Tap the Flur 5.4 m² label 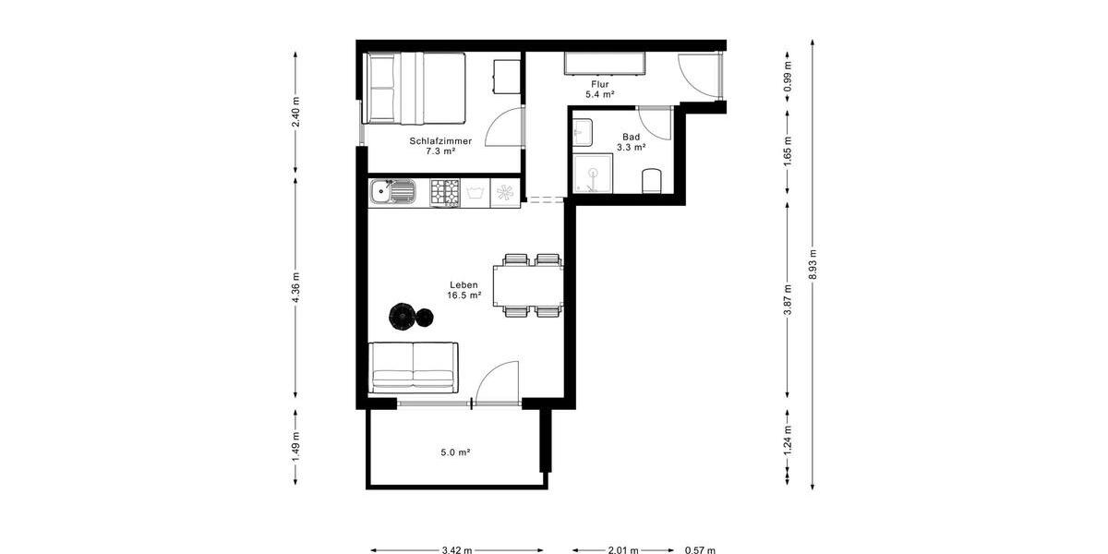pyautogui.click(x=601, y=89)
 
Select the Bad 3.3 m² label pyautogui.click(x=631, y=141)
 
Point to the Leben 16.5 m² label pyautogui.click(x=464, y=290)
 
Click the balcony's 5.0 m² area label pyautogui.click(x=456, y=452)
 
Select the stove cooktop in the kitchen pyautogui.click(x=445, y=193)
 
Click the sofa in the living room pyautogui.click(x=413, y=367)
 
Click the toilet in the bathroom pyautogui.click(x=651, y=179)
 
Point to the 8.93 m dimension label pyautogui.click(x=812, y=265)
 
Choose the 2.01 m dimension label pyautogui.click(x=622, y=550)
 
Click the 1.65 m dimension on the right pyautogui.click(x=787, y=156)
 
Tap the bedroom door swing pyautogui.click(x=505, y=126)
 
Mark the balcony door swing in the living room pyautogui.click(x=499, y=380)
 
